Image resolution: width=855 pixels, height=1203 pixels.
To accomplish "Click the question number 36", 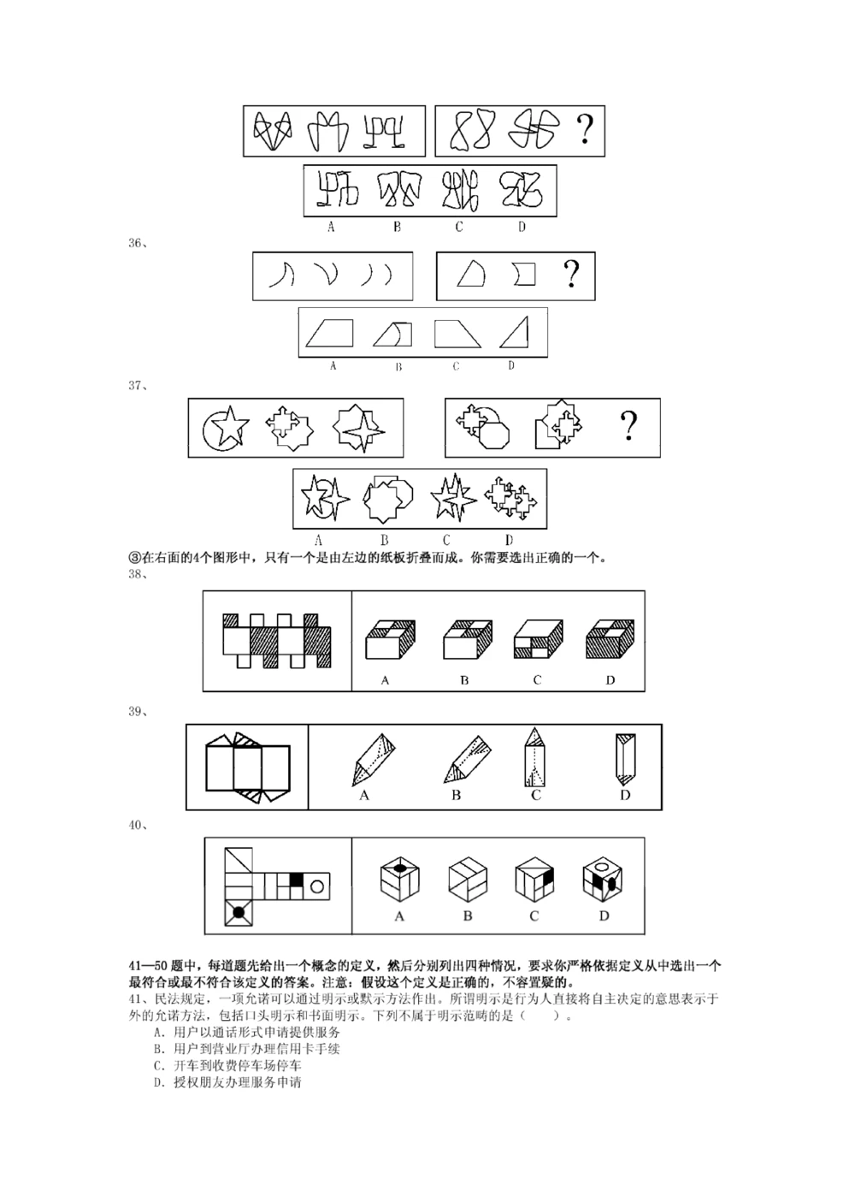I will coord(137,243).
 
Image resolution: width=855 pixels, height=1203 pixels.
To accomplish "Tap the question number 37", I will coord(137,386).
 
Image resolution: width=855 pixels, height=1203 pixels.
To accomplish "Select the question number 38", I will coord(137,575).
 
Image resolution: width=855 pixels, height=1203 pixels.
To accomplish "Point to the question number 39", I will coord(137,712).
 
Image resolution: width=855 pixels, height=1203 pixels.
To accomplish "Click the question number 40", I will coord(137,826).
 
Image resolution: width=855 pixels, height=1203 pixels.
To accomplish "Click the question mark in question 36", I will coord(570,276).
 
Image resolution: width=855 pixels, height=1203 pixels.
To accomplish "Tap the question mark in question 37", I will coord(628,425).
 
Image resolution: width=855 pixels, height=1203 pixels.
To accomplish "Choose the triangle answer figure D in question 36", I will coord(514,332).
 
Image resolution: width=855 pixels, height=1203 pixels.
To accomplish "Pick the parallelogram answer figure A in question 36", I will coord(330,332).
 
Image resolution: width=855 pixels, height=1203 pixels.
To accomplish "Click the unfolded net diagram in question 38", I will coord(276,640).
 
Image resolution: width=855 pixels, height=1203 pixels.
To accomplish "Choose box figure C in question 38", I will coord(537,639).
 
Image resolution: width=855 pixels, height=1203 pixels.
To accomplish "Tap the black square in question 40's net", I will coord(297,879).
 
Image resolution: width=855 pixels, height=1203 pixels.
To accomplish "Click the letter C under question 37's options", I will coord(445,540).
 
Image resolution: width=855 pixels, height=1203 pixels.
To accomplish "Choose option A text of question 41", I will coord(247,1033).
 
